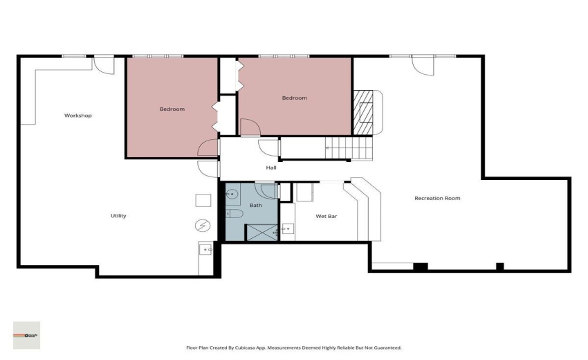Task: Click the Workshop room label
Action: (78, 116)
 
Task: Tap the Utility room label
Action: (118, 216)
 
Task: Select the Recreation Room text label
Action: (437, 199)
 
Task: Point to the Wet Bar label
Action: (327, 217)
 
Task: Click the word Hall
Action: (272, 168)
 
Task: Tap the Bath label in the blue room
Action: (256, 206)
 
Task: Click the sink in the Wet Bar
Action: (288, 228)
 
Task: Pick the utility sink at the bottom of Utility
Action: (205, 249)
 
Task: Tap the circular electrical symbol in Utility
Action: (203, 225)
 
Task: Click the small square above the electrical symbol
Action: (203, 200)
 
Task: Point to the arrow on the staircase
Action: (328, 147)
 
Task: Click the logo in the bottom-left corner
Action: (27, 335)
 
